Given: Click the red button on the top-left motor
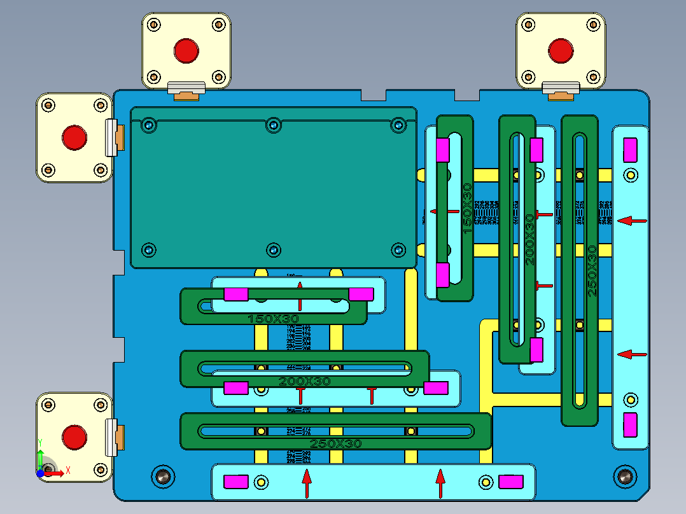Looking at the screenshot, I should (x=186, y=50).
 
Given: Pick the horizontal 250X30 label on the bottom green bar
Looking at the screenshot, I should (x=335, y=443).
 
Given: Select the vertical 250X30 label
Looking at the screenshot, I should (x=592, y=271).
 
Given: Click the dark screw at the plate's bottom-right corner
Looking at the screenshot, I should (x=624, y=475).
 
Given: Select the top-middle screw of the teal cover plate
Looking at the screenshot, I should (x=273, y=125).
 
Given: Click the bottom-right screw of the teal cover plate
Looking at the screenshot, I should (x=398, y=249).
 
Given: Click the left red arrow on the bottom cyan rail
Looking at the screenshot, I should (x=307, y=483).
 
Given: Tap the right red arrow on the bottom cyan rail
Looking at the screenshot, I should (x=440, y=483).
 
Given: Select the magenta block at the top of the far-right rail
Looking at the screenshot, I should (x=630, y=149).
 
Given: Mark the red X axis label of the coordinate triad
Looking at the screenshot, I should (x=67, y=471).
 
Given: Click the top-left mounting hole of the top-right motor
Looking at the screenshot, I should (x=527, y=25).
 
